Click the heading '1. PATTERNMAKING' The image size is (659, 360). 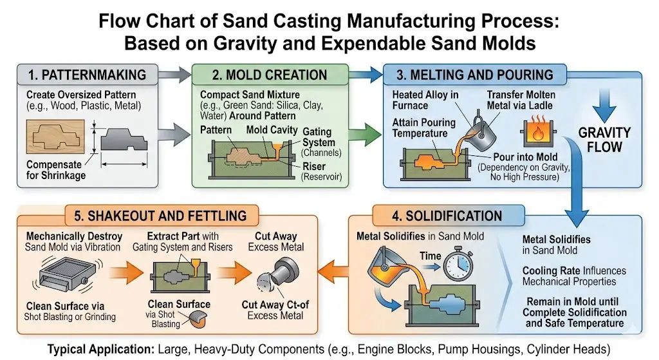coord(87,75)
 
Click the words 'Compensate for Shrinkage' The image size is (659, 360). coord(57,171)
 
